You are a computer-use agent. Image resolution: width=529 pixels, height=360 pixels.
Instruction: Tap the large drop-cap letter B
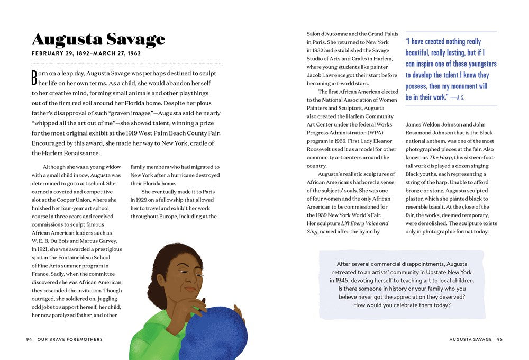(35, 78)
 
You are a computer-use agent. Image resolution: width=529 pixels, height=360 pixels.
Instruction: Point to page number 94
(29, 339)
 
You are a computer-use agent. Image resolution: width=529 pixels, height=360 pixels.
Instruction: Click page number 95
(500, 339)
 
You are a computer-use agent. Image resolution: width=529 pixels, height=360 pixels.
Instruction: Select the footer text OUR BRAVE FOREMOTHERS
(70, 339)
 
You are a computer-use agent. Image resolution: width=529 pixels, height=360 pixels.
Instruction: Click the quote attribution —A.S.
(458, 97)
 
